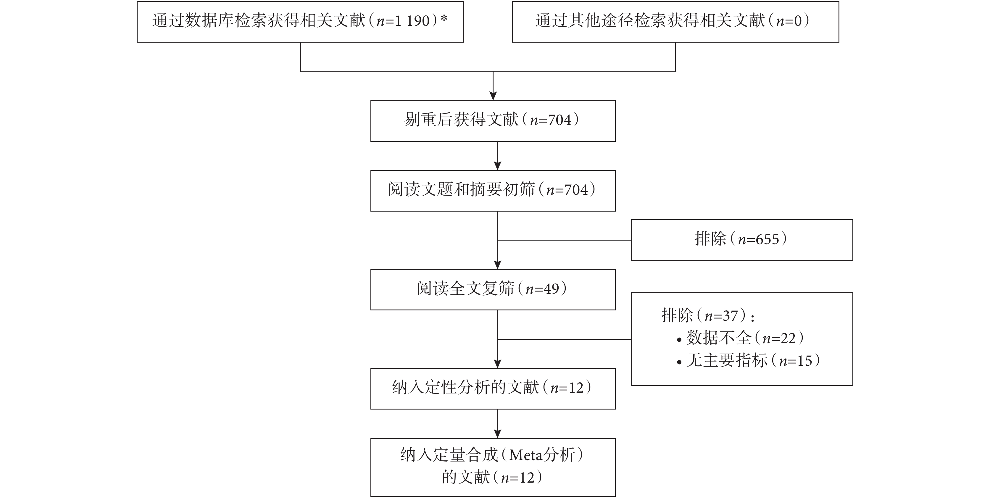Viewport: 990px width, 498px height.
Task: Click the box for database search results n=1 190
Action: click(300, 22)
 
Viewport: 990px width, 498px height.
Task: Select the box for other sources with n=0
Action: click(675, 22)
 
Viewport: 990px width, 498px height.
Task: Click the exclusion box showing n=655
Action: click(742, 240)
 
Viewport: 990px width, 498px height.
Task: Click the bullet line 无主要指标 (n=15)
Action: click(748, 360)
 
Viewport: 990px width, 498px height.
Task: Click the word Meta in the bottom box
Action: click(526, 455)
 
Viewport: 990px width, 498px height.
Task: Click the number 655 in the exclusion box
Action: click(767, 239)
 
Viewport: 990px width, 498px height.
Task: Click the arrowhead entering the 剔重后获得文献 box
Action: click(493, 96)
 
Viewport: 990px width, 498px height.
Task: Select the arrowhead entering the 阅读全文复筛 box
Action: click(498, 265)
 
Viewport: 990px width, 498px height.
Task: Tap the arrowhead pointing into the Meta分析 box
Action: click(498, 434)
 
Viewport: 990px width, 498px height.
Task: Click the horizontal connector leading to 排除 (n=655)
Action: click(565, 240)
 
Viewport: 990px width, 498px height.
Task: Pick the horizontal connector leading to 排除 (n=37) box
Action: click(565, 339)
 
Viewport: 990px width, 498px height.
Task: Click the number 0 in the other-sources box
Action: click(798, 21)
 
